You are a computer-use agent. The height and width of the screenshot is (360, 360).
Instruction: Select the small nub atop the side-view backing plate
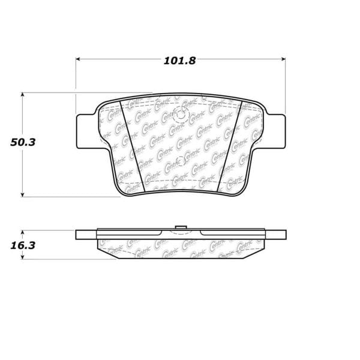[x=180, y=227]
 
